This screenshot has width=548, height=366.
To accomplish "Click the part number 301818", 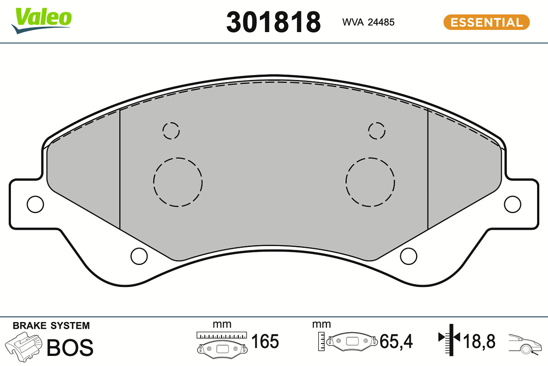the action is point(273,22).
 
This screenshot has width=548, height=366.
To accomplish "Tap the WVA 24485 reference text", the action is point(368,22).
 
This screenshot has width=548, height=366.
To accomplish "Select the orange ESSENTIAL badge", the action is point(486,22).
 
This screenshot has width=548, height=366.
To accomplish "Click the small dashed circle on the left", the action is point(171,122).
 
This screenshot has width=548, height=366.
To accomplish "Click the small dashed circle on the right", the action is point(376,122).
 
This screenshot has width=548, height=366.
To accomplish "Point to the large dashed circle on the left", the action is point(178,158).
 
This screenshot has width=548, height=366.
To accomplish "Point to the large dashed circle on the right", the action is point(370,158).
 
